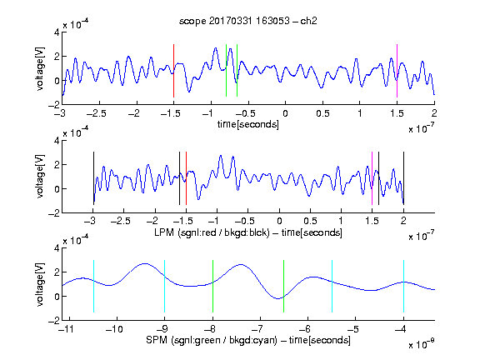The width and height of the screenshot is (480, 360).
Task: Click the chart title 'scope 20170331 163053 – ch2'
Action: coord(248,21)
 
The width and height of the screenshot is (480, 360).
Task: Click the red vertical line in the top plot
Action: coord(173,71)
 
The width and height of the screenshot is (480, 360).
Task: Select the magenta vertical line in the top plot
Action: coord(397,71)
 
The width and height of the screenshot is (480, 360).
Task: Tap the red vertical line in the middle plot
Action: coord(186,178)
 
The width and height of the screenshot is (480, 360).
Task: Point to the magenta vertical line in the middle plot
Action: coord(372,178)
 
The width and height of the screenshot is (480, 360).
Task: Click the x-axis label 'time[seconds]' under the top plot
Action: coord(248,124)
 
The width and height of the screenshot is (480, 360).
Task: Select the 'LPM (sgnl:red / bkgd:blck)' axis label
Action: coord(212,232)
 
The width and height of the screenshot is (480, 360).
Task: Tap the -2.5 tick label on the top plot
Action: coord(96,113)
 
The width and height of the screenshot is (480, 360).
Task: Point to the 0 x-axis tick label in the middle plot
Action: coord(279,221)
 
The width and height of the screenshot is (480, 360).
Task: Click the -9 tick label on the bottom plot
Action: coord(162,329)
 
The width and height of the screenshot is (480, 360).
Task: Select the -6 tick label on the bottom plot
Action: coord(305,329)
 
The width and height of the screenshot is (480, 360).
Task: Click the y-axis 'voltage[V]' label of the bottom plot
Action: coord(40,284)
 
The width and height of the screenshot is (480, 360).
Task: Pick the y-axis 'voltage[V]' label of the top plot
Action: coord(40,69)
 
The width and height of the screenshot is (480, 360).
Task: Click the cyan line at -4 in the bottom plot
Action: coord(404,286)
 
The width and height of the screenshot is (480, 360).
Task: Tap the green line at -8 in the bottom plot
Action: coord(212,286)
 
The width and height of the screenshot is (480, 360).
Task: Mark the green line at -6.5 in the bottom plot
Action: coord(284,286)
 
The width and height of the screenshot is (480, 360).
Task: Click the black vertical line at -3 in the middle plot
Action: coord(93,178)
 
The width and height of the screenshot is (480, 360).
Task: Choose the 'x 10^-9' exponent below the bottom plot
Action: coord(422,343)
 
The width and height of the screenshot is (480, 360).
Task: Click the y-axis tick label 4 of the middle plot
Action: coord(57,141)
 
